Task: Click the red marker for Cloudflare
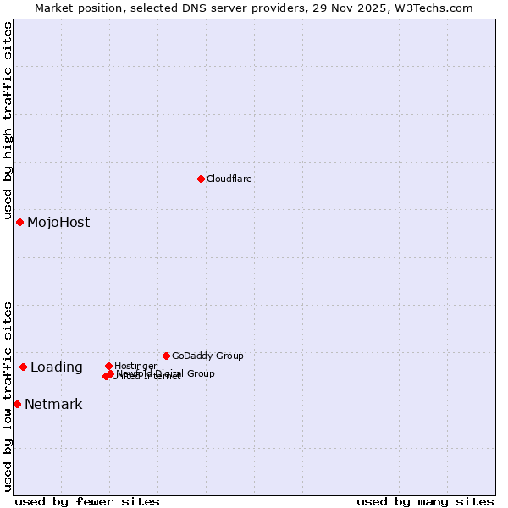coord(201,179)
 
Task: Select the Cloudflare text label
coord(229,179)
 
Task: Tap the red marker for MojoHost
coord(19,222)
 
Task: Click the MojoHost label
coord(58,223)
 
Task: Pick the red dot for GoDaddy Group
coord(166,356)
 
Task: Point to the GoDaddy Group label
coord(207,356)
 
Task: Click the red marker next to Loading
coord(23,367)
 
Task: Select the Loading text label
coord(56,367)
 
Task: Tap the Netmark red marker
coord(17,404)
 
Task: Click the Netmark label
coord(53,405)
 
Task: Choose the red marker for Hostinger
coord(108,366)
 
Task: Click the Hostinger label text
coord(135,366)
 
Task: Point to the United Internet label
coord(146,377)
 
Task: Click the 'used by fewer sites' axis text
coord(87,501)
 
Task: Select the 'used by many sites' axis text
coord(425,501)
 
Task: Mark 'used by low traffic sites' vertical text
coord(8,396)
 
